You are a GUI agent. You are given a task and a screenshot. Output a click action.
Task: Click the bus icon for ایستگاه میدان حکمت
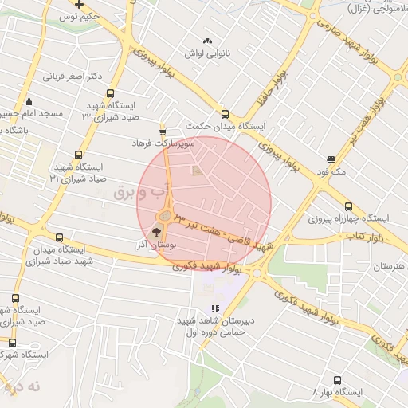(225, 115)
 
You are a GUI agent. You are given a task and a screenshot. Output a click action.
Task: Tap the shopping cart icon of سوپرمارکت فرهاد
(163, 132)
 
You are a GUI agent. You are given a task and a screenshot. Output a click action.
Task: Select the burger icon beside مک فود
(331, 159)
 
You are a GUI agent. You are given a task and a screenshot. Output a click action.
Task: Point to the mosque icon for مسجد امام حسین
(29, 102)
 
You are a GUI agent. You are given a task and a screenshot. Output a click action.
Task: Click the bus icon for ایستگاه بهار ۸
(337, 381)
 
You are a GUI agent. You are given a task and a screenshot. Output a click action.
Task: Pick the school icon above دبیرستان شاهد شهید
(214, 308)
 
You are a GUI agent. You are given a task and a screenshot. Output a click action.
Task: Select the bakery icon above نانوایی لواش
(208, 41)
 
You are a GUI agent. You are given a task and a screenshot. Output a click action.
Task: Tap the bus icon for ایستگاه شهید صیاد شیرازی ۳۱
(77, 155)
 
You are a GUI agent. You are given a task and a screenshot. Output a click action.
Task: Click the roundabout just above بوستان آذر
(166, 216)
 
